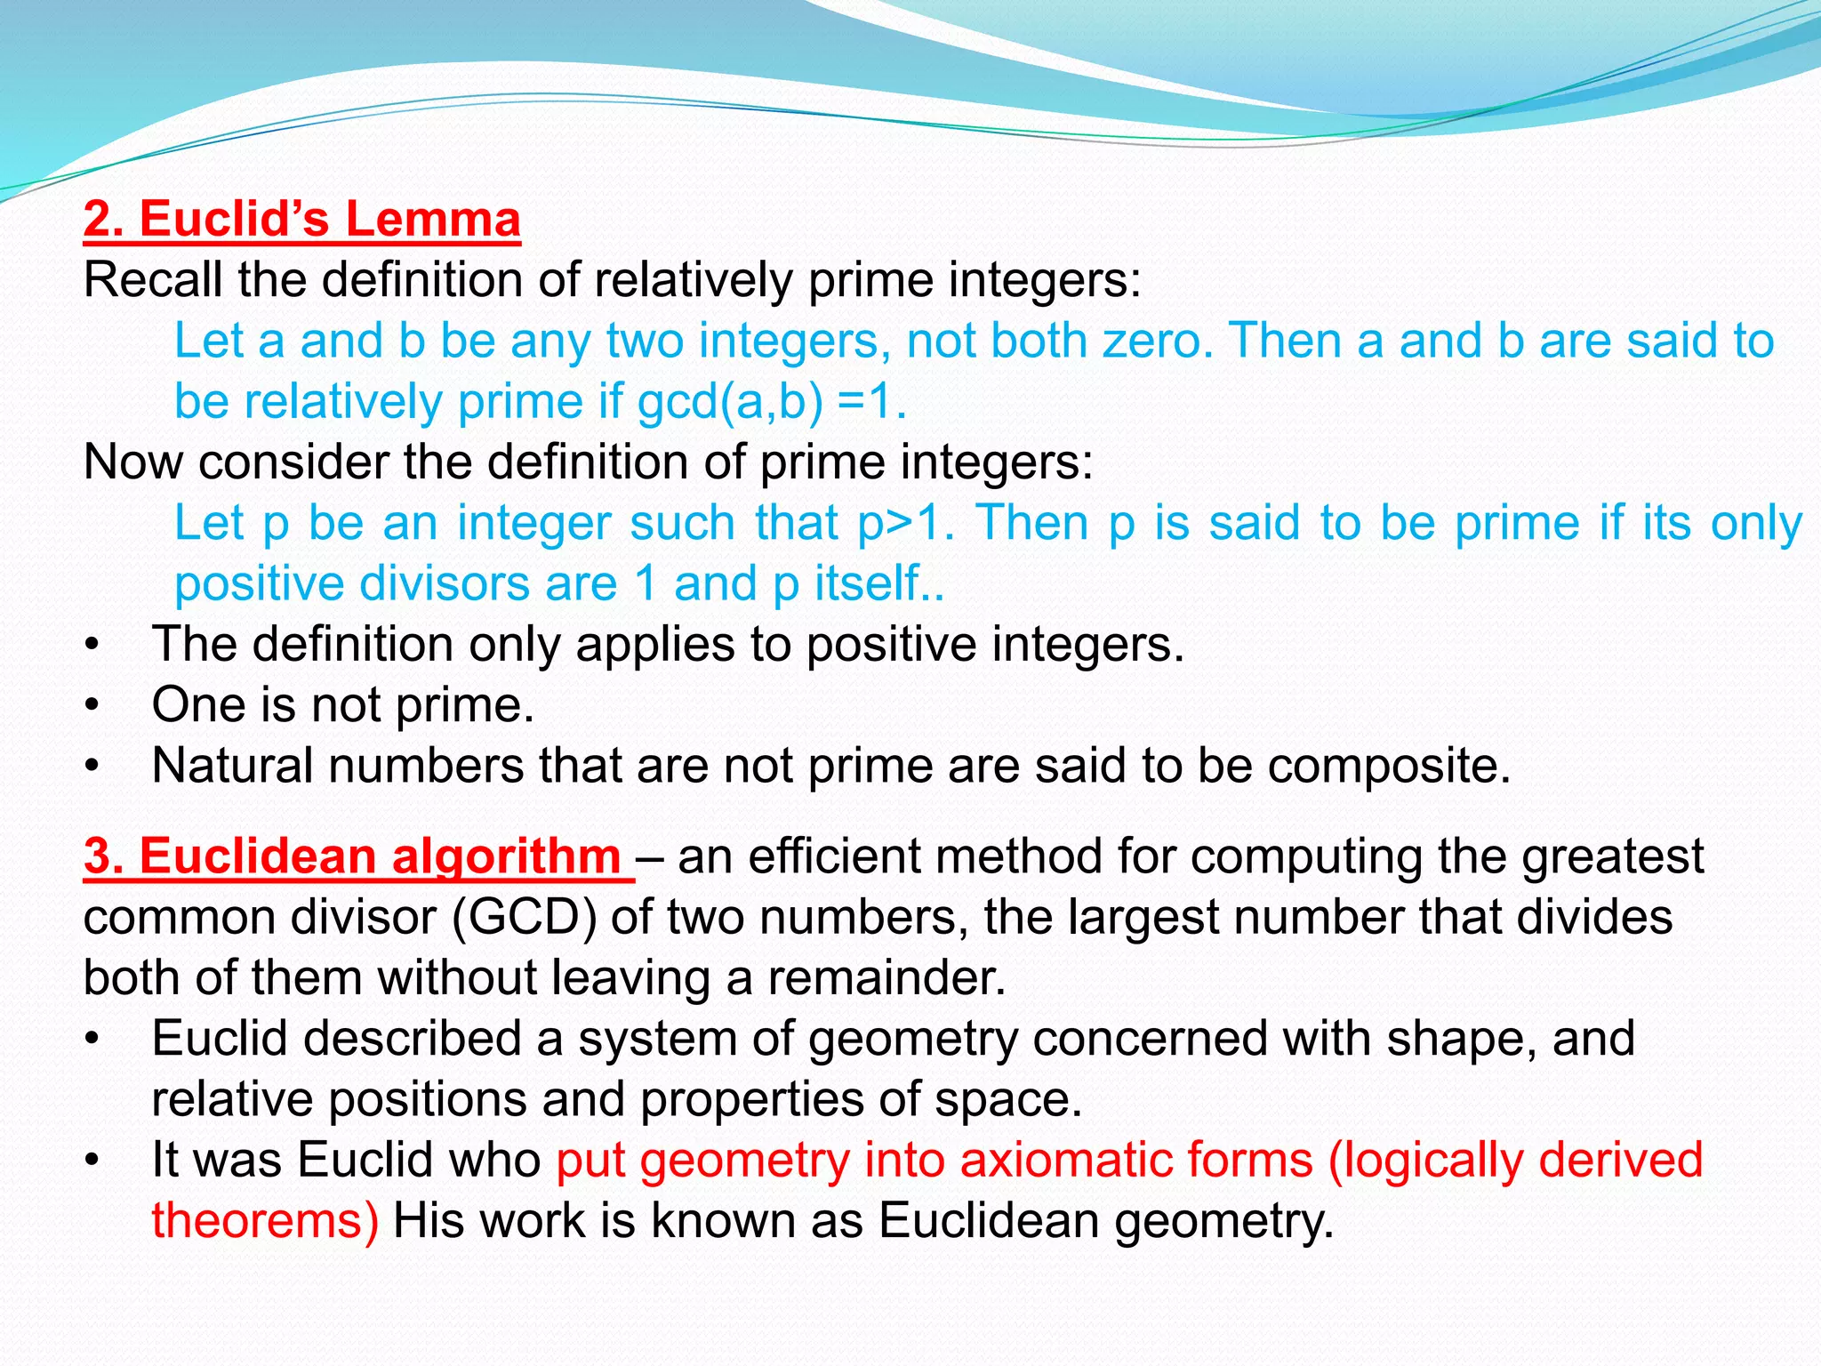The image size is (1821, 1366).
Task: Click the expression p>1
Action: point(906,523)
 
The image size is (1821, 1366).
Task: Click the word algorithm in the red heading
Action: point(506,856)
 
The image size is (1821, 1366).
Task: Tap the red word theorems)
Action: point(265,1220)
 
